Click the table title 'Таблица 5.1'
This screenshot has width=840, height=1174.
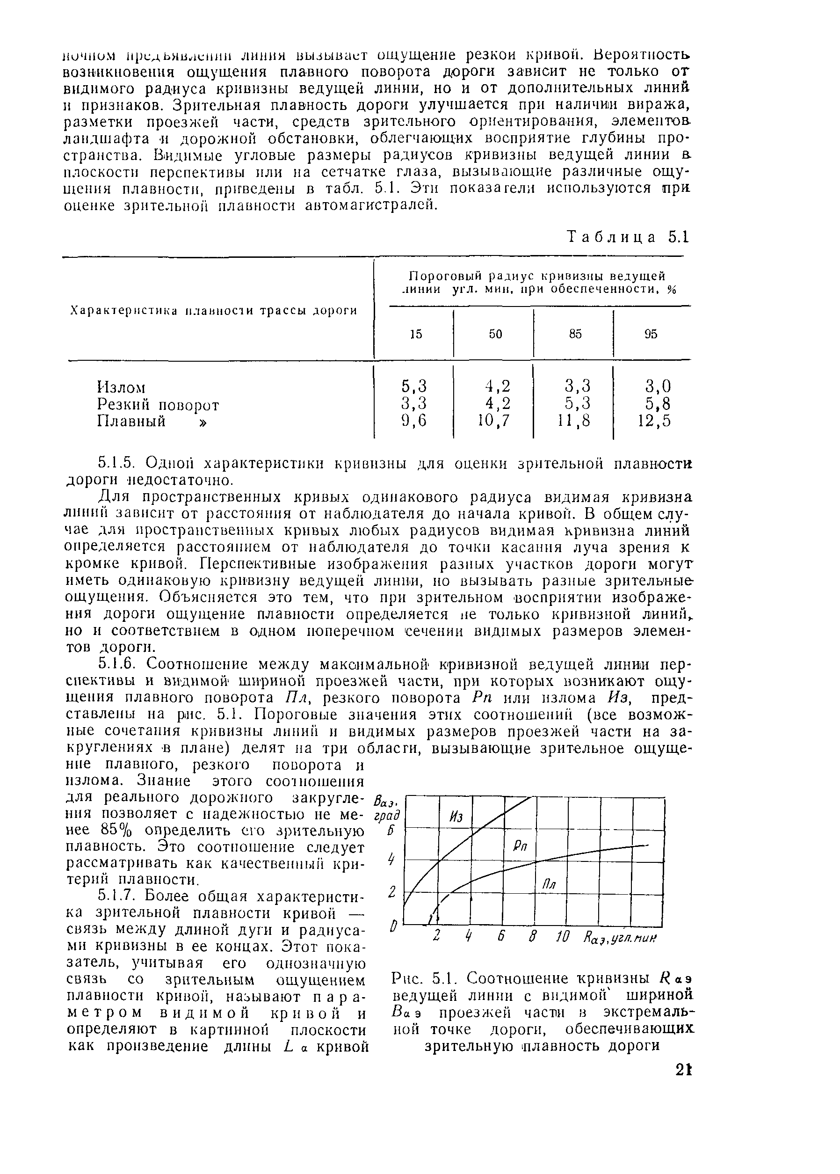click(x=628, y=238)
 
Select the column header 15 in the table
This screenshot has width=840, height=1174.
click(x=416, y=335)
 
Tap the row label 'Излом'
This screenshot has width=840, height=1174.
click(x=121, y=387)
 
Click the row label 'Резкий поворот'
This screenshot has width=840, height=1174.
click(x=158, y=405)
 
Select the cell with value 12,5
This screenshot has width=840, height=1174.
click(x=653, y=421)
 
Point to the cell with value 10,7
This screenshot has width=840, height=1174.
click(x=493, y=421)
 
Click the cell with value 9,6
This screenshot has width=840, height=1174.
click(x=414, y=421)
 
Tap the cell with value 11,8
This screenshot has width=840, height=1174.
click(x=572, y=421)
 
